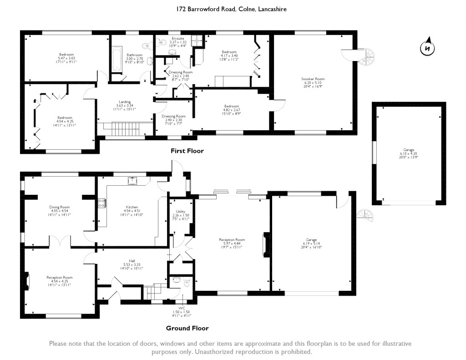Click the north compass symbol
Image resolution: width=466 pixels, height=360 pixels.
(x=426, y=48)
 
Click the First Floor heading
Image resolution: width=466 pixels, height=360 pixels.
(x=187, y=151)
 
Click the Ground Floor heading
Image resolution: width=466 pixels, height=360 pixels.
(x=187, y=328)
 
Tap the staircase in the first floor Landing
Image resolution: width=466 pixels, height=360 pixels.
(x=125, y=127)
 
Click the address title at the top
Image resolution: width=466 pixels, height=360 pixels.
(x=232, y=9)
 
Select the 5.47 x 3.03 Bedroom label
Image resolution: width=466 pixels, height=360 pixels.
(x=66, y=58)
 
